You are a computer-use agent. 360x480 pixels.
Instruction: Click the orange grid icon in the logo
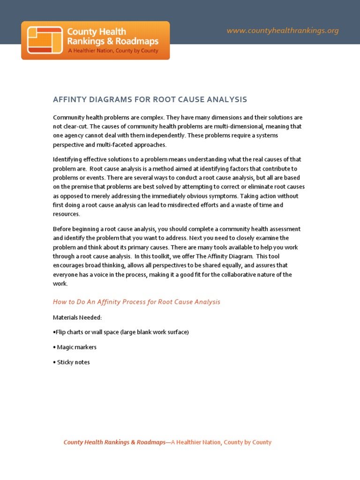45,40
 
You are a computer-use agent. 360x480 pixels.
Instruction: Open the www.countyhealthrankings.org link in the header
282,31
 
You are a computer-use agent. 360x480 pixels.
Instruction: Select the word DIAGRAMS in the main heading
109,99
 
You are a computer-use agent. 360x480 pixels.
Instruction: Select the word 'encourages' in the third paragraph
69,266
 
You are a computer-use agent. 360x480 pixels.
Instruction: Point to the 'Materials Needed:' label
77,317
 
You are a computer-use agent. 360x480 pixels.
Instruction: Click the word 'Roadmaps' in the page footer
151,442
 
